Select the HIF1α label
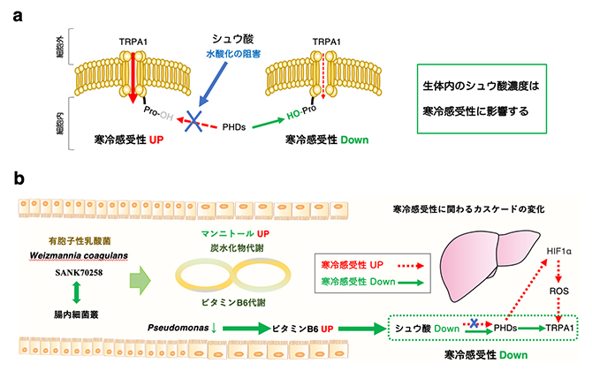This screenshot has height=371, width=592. click(557, 252)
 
